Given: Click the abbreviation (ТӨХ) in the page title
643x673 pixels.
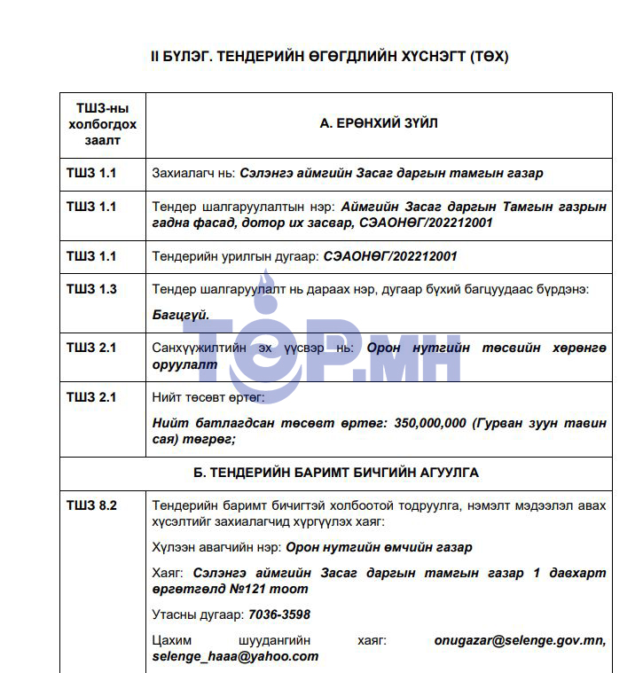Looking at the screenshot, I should click(489, 56).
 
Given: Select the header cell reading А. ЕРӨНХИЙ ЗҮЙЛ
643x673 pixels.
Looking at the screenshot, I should click(379, 124).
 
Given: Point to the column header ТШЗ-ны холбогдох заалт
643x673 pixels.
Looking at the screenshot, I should click(103, 124).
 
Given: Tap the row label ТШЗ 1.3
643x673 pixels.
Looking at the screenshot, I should click(91, 289).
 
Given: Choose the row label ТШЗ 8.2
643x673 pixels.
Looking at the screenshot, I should click(91, 505).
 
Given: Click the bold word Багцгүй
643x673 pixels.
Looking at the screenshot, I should click(181, 315).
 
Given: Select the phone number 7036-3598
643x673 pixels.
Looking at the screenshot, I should click(279, 614).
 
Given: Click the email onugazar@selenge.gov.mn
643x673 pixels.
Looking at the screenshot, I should click(520, 639).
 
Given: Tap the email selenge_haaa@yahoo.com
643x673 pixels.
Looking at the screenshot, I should click(235, 656).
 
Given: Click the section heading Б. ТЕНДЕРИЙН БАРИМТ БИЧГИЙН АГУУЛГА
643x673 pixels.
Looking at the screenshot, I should click(336, 473).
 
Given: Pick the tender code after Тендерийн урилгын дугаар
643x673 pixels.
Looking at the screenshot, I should click(391, 256).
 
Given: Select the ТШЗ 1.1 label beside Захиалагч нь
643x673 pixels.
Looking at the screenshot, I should click(91, 173).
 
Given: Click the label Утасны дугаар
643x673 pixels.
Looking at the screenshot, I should click(198, 614).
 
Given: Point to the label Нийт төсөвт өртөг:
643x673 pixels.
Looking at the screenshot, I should click(202, 397).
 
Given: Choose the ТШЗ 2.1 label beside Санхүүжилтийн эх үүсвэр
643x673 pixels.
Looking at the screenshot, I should click(91, 348).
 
